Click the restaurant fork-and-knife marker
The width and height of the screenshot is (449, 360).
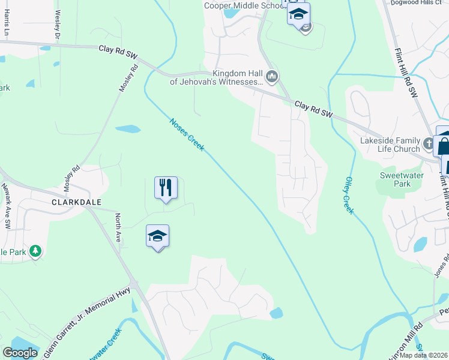166,188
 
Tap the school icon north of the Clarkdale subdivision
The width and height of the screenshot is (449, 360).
157,236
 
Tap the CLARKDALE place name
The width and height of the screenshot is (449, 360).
76,203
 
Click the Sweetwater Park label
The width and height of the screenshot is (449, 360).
402,179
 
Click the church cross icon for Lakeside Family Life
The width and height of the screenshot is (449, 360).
429,144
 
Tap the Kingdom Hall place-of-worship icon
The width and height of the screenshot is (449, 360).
272,76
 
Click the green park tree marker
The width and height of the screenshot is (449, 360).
35,251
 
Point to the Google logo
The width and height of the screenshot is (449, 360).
20,353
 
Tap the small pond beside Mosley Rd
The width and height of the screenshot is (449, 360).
128,128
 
